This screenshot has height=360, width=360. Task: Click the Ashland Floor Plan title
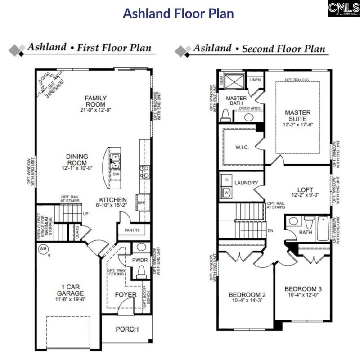[179, 13]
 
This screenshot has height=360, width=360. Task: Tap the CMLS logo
[343, 9]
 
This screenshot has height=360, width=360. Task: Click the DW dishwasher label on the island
[116, 174]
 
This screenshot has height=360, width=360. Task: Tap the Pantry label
[130, 230]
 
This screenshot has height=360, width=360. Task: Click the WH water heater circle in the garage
[44, 249]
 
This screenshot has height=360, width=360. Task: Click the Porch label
[127, 329]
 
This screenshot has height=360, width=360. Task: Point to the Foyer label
[126, 295]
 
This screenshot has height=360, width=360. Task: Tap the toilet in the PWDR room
[140, 271]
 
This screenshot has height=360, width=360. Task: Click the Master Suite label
[298, 116]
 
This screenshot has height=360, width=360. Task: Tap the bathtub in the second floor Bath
[323, 229]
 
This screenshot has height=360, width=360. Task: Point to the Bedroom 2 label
[247, 295]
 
